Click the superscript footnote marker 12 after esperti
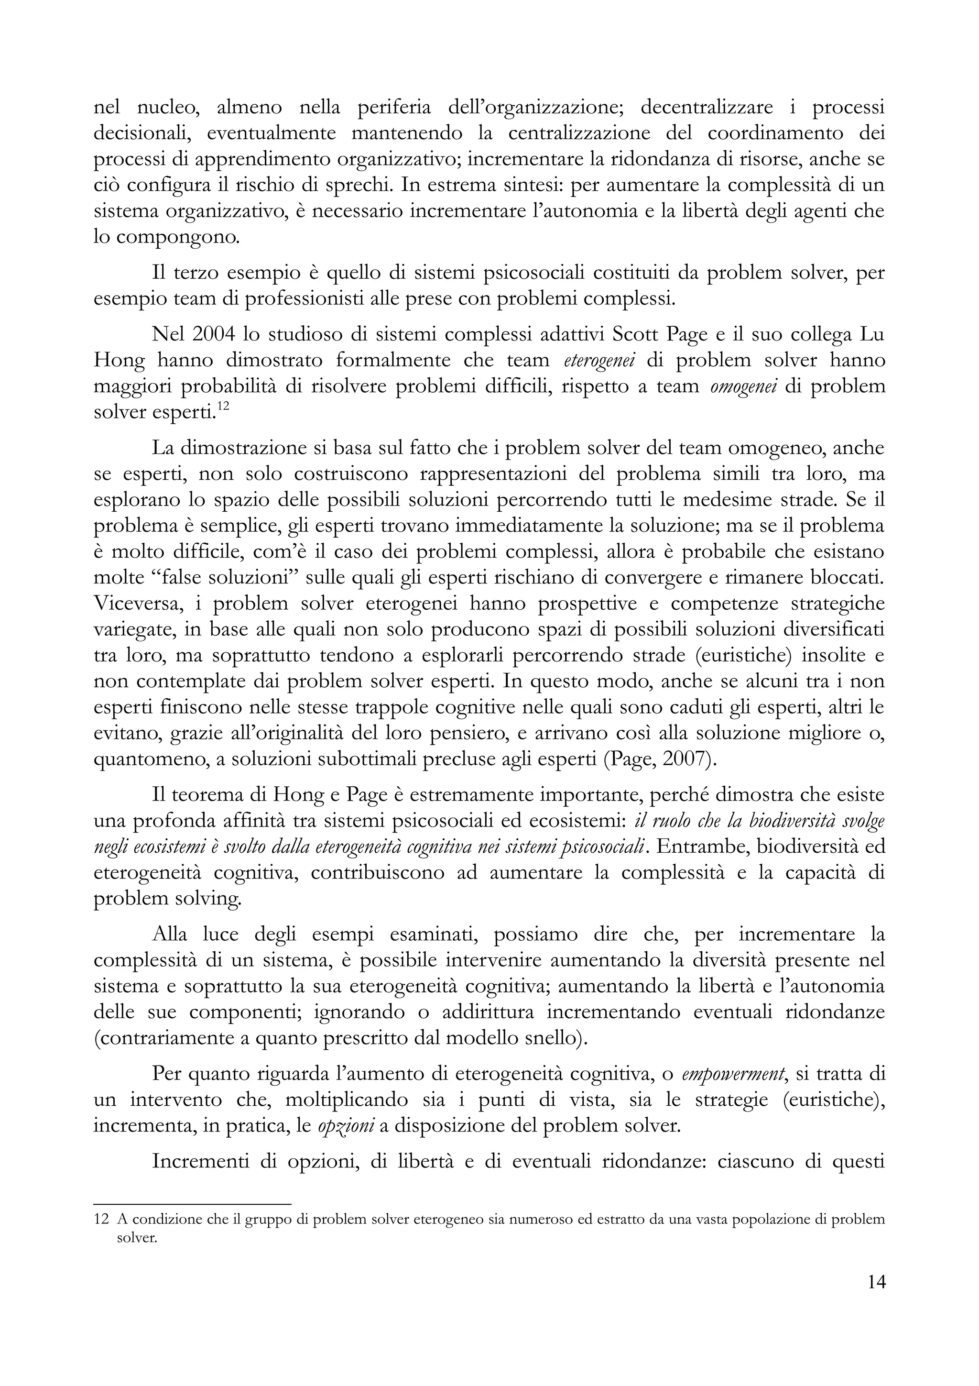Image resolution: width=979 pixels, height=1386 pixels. pyautogui.click(x=223, y=406)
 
